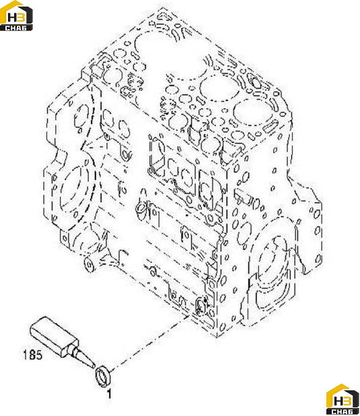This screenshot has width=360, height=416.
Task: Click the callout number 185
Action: [32, 355]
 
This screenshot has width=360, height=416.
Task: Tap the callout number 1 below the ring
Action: [109, 394]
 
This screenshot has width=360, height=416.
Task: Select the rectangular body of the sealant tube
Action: [54, 335]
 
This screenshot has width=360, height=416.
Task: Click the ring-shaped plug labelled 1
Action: [104, 376]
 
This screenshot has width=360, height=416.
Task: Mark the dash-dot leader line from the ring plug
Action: [151, 342]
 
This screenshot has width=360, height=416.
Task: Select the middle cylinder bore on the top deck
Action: [219, 87]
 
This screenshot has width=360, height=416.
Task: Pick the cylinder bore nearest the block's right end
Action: [254, 112]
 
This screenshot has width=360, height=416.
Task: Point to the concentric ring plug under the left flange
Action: [89, 265]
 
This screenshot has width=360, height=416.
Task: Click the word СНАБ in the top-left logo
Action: [15, 28]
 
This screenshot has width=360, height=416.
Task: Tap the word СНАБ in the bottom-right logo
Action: [343, 411]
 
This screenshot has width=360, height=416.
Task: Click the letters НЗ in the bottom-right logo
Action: [343, 401]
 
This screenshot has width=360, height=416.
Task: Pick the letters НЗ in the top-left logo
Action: [16, 17]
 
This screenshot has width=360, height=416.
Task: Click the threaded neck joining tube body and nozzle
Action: [73, 349]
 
